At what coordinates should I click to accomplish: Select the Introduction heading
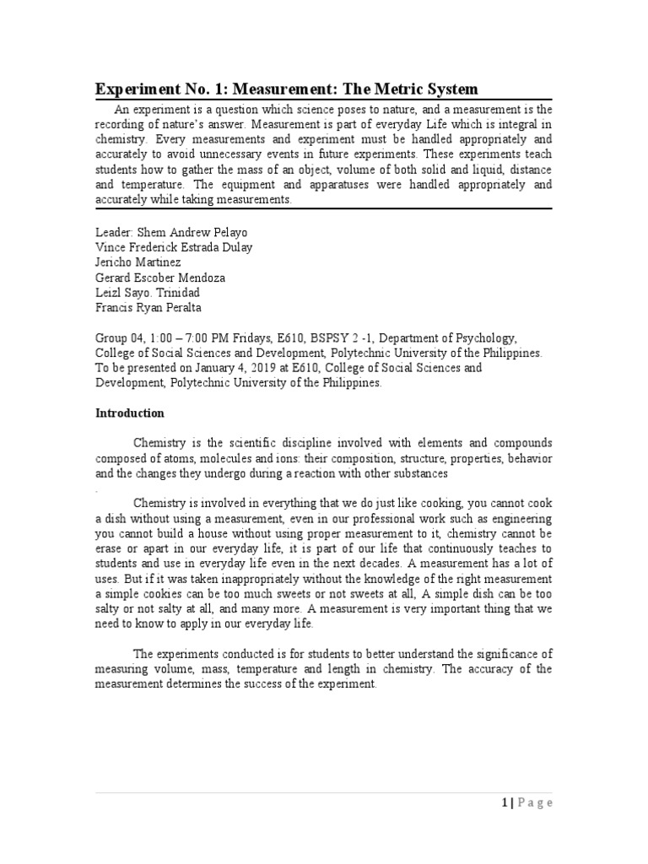(130, 413)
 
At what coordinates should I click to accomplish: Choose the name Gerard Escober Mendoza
(160, 277)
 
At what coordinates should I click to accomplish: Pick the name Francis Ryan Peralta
(149, 307)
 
